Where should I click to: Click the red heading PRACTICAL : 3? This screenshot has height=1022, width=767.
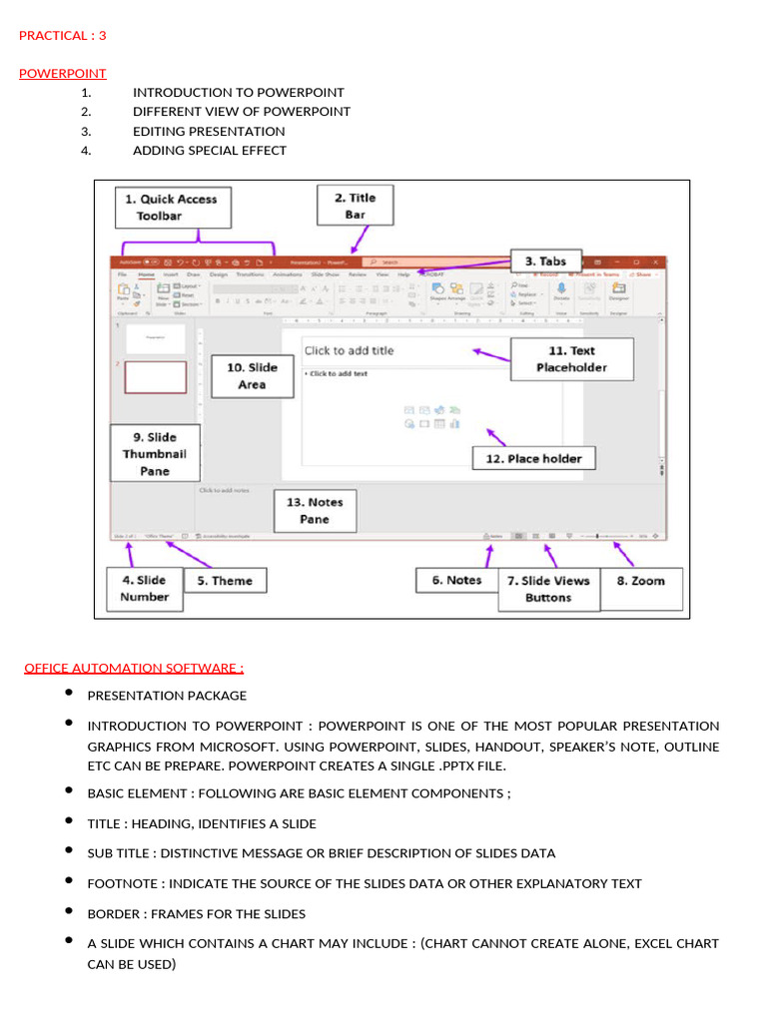[x=63, y=36]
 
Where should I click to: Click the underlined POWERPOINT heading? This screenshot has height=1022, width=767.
[x=63, y=74]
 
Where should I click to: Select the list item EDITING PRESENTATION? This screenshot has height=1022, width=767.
[x=209, y=132]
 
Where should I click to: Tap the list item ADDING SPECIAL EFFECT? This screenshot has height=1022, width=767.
[x=210, y=151]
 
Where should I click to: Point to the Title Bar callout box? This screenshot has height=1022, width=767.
[x=355, y=206]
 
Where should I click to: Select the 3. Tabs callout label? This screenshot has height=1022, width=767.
[x=545, y=261]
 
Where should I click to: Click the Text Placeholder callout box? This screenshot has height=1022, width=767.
[x=571, y=359]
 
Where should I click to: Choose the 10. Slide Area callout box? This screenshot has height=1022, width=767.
[x=252, y=375]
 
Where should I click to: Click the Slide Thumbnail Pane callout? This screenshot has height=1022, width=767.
[x=155, y=453]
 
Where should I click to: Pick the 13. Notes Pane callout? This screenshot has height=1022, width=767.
[x=314, y=510]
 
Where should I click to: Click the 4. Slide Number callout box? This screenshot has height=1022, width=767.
[x=145, y=588]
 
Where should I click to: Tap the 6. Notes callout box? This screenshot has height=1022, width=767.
[x=456, y=581]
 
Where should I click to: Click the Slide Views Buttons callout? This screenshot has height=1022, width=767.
[x=547, y=589]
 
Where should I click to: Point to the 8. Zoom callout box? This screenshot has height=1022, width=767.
[x=640, y=581]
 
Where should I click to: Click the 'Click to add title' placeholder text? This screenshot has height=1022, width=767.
[x=349, y=350]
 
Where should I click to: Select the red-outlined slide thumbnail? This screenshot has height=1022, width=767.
[x=155, y=377]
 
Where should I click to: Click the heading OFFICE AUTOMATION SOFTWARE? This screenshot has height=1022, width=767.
[x=134, y=669]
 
